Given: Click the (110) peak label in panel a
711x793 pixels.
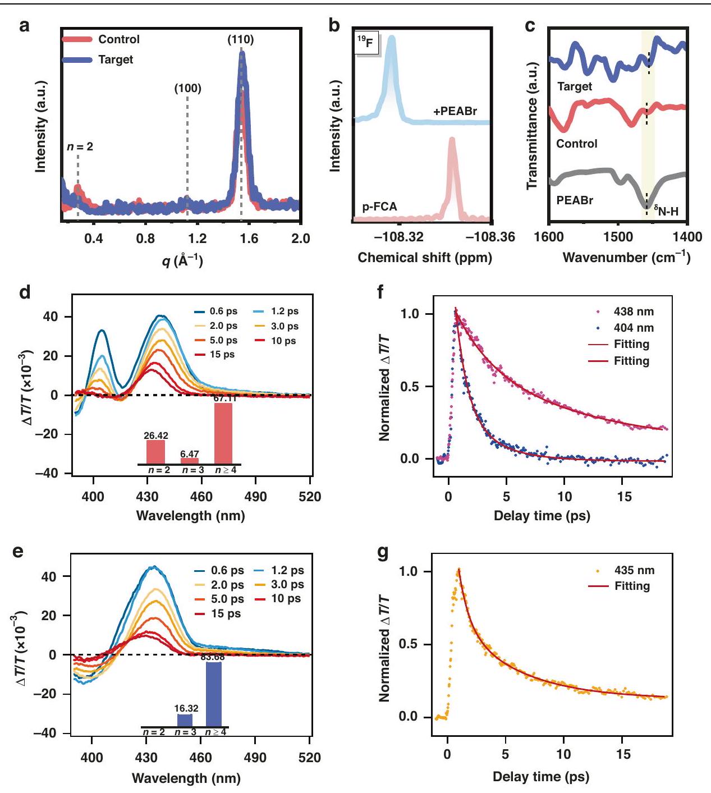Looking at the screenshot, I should [x=240, y=40].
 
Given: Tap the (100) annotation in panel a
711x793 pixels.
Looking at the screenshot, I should [x=187, y=88].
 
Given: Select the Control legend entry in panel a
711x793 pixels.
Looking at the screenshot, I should [x=118, y=39].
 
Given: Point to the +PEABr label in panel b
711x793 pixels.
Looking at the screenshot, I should [x=455, y=111].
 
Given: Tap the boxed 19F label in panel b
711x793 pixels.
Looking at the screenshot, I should [x=365, y=42].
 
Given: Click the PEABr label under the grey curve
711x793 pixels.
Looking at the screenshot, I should [x=575, y=200].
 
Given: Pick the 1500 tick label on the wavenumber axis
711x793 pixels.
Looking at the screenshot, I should [x=617, y=238].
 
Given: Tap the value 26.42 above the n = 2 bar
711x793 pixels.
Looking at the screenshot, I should [x=155, y=436].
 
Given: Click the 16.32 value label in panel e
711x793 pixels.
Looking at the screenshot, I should [x=186, y=709].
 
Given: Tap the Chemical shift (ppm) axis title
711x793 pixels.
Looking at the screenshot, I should [x=424, y=258].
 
